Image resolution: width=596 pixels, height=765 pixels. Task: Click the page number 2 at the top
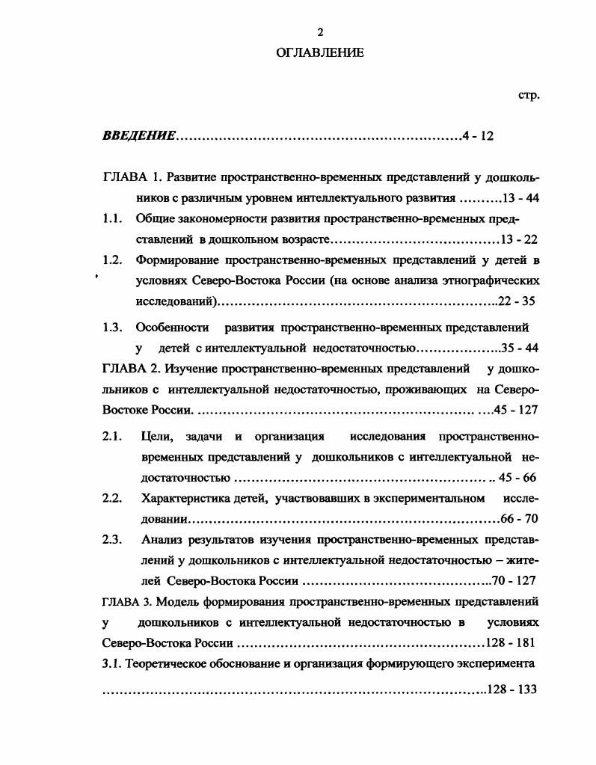(x=320, y=31)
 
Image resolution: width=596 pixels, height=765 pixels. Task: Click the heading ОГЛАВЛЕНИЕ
(x=320, y=52)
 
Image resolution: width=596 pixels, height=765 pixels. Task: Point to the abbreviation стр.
(x=528, y=96)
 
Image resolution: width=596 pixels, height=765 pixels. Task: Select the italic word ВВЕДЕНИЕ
(x=139, y=136)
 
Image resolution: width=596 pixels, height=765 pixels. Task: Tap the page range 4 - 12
(x=479, y=136)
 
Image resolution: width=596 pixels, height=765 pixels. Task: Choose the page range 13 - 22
(x=519, y=240)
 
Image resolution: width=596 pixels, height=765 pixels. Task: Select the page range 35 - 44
(x=520, y=348)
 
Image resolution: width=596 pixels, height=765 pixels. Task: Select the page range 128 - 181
(x=510, y=642)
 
